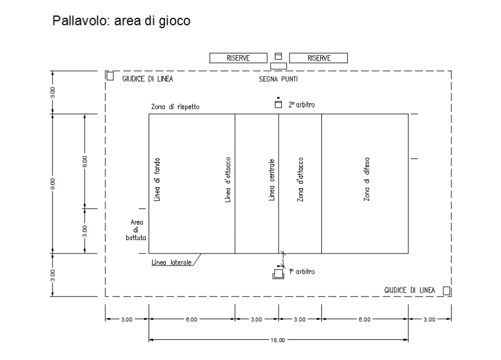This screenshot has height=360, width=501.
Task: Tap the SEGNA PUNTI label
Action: [278, 79]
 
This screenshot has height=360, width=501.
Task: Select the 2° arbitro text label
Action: [302, 105]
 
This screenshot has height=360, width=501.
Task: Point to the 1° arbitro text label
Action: [302, 271]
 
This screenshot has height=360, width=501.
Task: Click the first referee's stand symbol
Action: [279, 272]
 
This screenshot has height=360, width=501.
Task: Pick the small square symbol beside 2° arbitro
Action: [278, 105]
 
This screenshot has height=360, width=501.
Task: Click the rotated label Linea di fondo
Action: [157, 179]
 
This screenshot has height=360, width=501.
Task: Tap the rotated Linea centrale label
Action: [272, 180]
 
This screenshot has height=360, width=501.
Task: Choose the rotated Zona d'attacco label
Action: [300, 179]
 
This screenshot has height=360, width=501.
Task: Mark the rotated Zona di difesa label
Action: [366, 179]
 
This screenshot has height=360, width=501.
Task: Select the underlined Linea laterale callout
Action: [171, 262]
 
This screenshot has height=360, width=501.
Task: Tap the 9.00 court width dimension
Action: [52, 184]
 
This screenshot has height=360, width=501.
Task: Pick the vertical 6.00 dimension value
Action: [85, 161]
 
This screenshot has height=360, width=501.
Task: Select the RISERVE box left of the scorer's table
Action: [238, 58]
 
